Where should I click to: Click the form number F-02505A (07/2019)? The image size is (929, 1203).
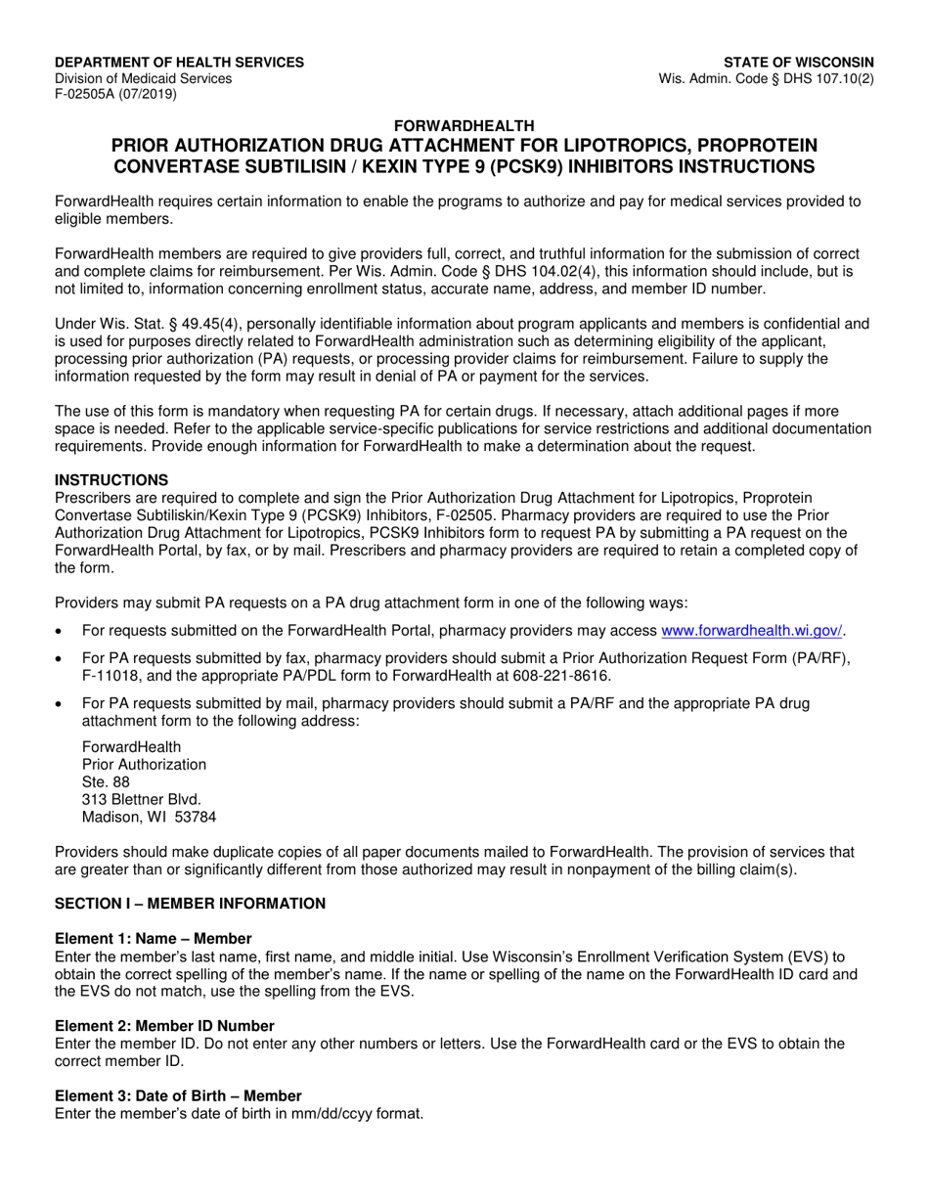tap(115, 95)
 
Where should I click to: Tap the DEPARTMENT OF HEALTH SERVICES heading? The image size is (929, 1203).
tap(179, 62)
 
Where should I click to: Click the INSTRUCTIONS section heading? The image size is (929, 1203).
tap(111, 479)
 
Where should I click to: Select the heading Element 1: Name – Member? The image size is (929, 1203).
tap(153, 938)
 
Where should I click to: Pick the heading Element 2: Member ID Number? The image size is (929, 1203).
tap(164, 1025)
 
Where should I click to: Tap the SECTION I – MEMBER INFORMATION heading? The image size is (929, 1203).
tap(190, 903)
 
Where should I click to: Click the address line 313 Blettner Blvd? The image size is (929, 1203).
tap(142, 799)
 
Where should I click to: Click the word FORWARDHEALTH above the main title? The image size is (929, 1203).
tap(464, 125)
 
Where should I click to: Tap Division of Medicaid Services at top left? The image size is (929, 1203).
tap(143, 78)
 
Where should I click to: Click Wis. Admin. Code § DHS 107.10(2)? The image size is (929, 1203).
tap(768, 78)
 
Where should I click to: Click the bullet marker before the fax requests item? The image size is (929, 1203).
tap(62, 659)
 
